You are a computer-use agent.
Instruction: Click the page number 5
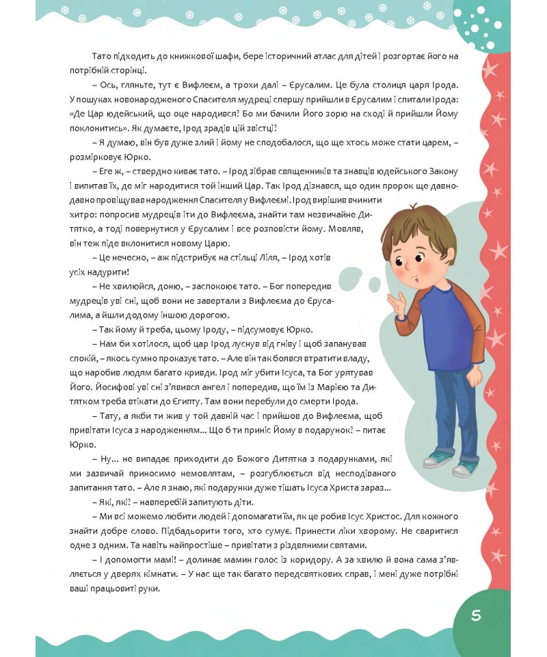pyautogui.click(x=476, y=615)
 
